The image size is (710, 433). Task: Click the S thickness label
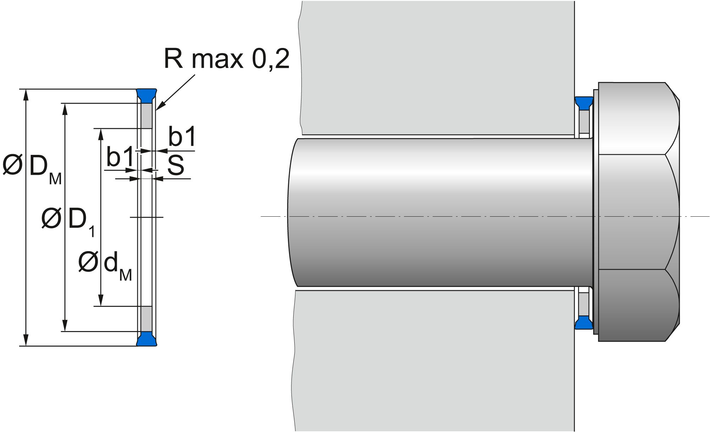pyautogui.click(x=176, y=166)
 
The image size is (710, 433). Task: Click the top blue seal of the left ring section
pyautogui.click(x=147, y=95)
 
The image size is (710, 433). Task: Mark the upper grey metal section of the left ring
pyautogui.click(x=147, y=116)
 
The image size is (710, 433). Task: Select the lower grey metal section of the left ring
pyautogui.click(x=147, y=319)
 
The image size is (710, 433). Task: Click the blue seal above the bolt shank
pyautogui.click(x=584, y=103)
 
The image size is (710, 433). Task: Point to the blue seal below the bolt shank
pyautogui.click(x=584, y=323)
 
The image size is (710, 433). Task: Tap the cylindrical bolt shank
pyautogui.click(x=440, y=212)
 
